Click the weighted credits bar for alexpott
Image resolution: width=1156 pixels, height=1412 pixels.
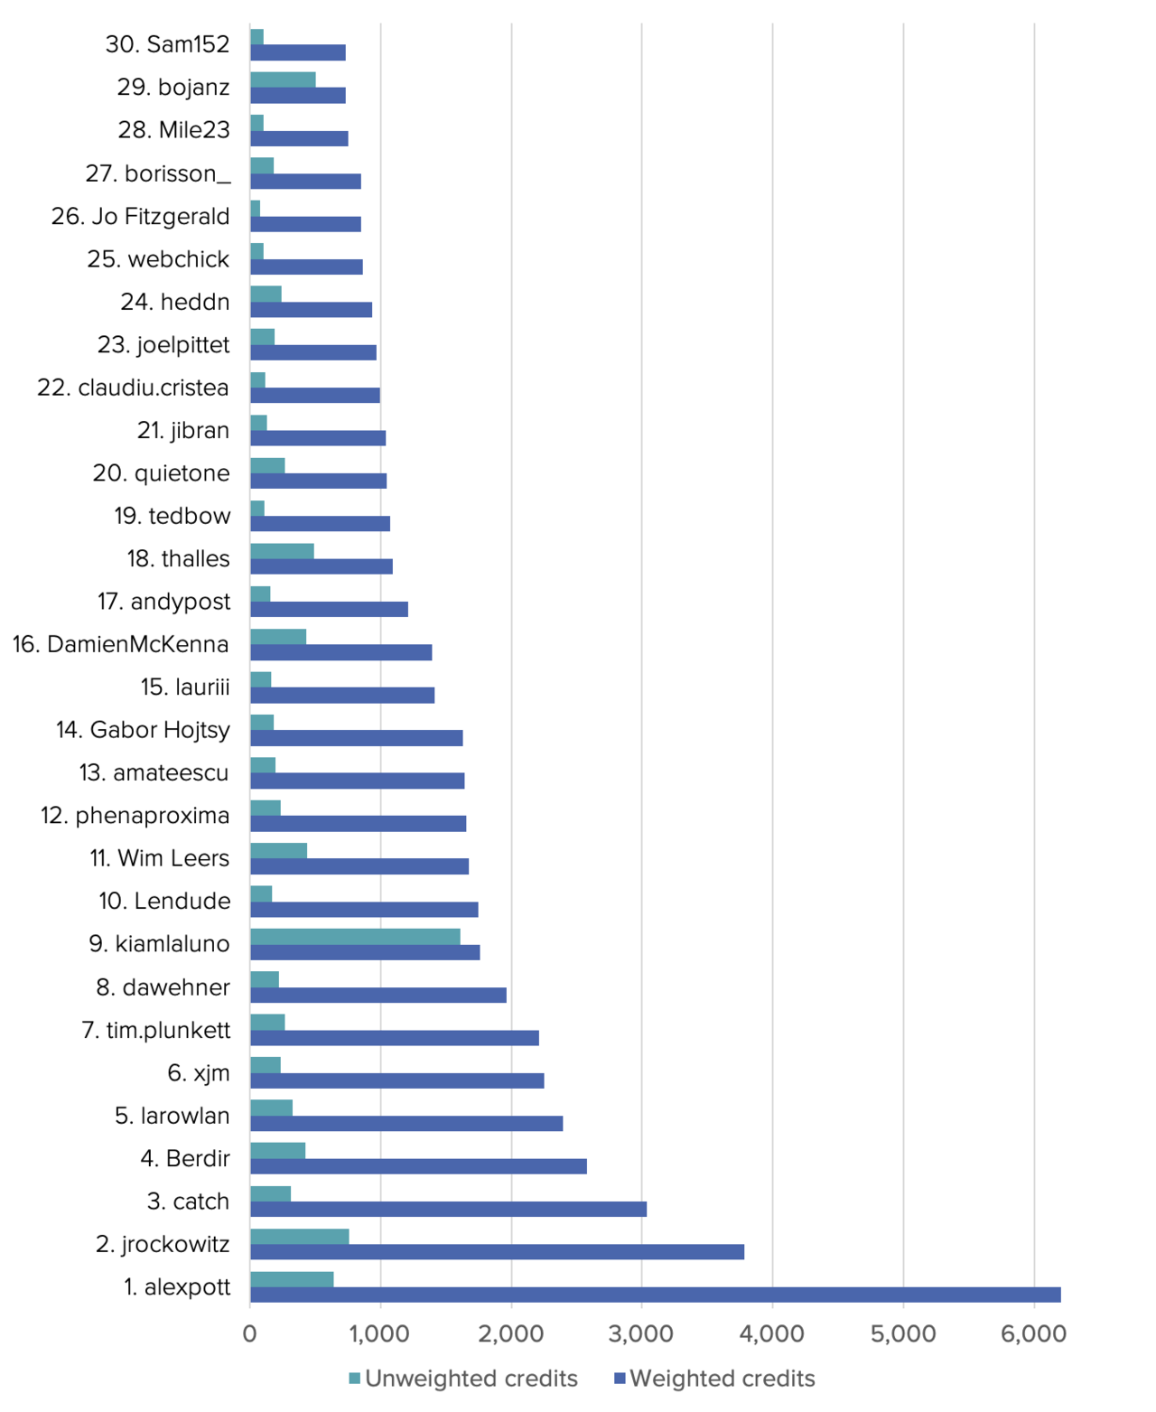point(655,1295)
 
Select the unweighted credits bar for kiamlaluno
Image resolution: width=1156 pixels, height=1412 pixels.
point(355,936)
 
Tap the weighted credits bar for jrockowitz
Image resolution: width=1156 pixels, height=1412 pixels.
point(497,1251)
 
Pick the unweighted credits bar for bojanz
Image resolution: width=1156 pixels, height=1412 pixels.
point(283,79)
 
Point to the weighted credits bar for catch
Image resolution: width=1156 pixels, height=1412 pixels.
point(448,1209)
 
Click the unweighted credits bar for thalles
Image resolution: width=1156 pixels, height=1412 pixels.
point(282,551)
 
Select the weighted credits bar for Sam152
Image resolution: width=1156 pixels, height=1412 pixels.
point(298,52)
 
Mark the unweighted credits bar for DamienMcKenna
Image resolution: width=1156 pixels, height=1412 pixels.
point(278,637)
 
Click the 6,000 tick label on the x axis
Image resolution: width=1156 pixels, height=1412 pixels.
point(1033,1333)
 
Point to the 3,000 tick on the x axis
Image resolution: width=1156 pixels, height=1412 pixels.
point(641,1333)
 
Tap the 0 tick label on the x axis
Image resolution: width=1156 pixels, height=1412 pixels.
point(250,1333)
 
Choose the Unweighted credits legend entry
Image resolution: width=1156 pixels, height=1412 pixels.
point(463,1379)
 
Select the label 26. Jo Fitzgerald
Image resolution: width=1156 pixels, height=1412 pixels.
point(141,217)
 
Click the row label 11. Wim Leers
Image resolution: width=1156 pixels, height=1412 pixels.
point(160,858)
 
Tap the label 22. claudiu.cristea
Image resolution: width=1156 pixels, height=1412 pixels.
point(133,388)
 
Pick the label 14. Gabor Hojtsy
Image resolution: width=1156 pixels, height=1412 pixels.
point(143,730)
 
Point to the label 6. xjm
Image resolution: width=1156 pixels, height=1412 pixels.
point(199,1073)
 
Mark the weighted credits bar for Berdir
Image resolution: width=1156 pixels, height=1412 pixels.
point(418,1166)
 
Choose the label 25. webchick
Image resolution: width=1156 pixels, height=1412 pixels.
point(158,259)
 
